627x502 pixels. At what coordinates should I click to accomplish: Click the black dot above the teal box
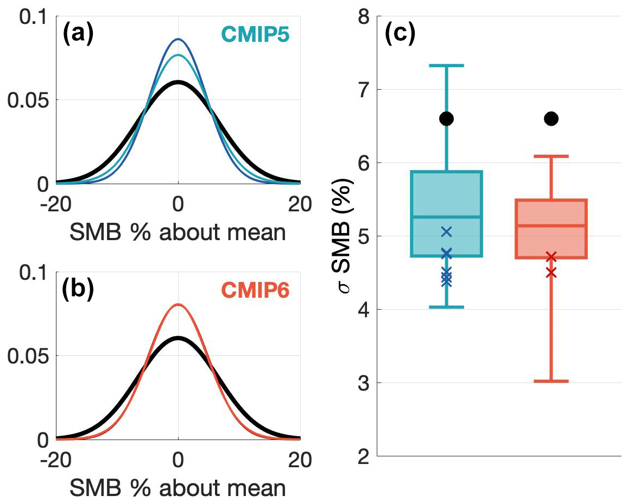click(446, 119)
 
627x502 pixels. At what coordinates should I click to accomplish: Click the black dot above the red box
click(551, 119)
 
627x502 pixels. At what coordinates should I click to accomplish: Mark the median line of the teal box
click(446, 217)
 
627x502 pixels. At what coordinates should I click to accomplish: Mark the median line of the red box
click(551, 225)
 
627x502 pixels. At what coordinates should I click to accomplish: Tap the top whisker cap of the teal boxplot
click(446, 66)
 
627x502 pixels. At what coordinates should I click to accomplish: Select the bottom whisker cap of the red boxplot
click(551, 381)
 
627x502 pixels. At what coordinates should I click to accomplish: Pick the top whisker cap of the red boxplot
click(551, 156)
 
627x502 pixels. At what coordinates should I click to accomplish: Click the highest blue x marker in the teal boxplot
click(446, 232)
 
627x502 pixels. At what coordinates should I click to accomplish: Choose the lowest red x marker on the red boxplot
click(551, 272)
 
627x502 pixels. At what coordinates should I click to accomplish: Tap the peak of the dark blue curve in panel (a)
click(178, 39)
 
